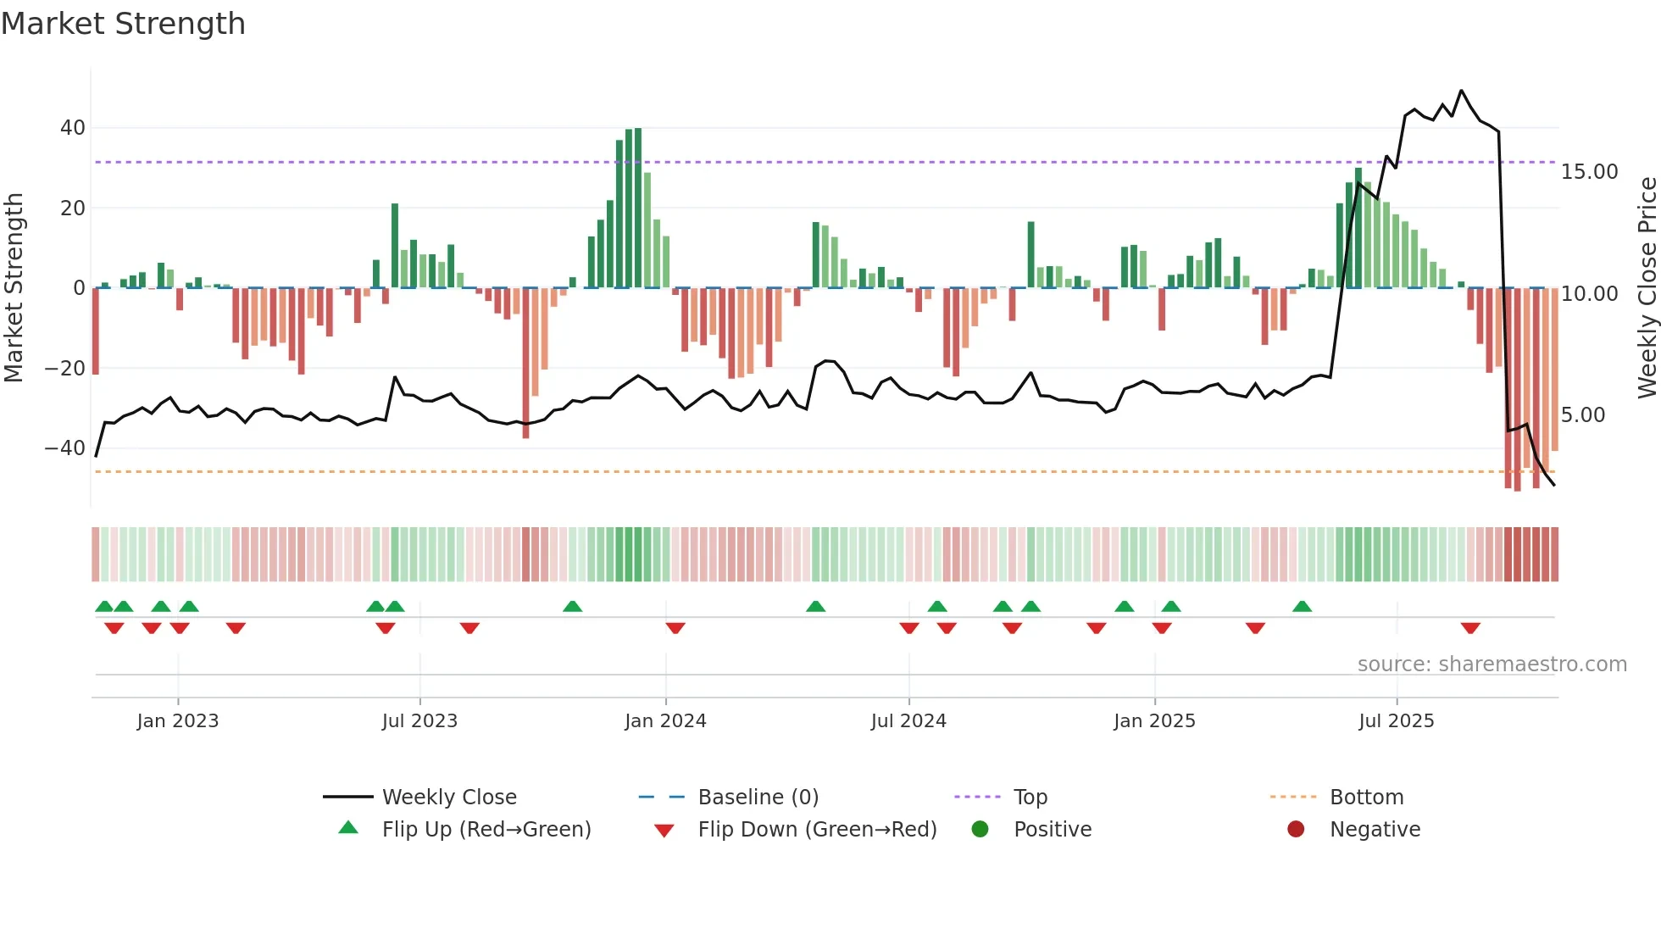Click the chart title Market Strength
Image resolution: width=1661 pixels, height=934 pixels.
click(123, 24)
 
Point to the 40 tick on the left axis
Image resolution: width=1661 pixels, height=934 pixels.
click(73, 128)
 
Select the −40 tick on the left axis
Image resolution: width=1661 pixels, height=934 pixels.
click(65, 448)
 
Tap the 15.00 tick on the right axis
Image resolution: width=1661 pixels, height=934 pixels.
click(1589, 172)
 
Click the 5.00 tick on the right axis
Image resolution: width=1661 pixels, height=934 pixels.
click(1582, 415)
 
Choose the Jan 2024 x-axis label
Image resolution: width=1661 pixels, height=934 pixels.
click(665, 721)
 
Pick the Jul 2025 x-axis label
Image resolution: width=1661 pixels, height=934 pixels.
click(1396, 721)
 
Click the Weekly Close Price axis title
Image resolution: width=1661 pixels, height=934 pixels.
click(1647, 288)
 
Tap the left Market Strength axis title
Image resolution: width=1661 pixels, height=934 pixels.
click(14, 288)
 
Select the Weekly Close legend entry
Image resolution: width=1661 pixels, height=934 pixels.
click(448, 798)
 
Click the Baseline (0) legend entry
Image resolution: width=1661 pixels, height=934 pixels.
click(758, 798)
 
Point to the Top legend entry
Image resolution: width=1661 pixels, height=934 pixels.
click(1030, 798)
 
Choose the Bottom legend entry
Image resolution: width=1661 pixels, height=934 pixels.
click(1366, 798)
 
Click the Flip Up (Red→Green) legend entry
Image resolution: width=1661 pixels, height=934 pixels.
click(486, 830)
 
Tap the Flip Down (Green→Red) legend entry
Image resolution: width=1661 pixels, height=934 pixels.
click(817, 830)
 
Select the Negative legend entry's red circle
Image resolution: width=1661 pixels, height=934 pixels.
click(1296, 829)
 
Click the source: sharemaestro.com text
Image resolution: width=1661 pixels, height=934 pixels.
click(1492, 664)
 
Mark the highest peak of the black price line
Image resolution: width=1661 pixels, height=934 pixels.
click(1461, 91)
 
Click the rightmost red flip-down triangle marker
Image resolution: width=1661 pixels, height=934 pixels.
click(1470, 628)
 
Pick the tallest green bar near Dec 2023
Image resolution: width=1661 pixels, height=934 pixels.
click(637, 208)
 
